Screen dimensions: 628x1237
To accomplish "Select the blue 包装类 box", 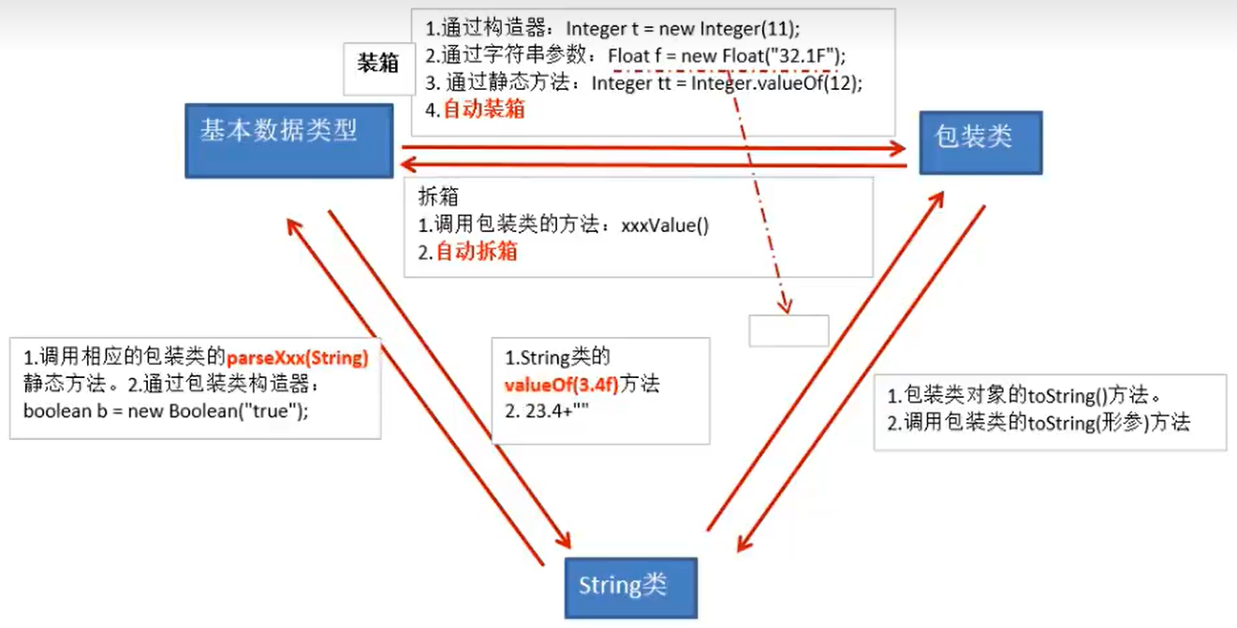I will [980, 141].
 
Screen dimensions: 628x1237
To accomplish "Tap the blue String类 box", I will [630, 587].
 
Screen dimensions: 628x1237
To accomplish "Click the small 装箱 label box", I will [378, 65].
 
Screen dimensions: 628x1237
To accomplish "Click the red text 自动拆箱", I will [477, 252].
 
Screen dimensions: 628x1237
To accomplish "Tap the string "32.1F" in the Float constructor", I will [803, 56].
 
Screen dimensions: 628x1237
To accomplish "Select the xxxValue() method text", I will [665, 226].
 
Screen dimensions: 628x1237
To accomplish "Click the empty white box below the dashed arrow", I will [788, 330].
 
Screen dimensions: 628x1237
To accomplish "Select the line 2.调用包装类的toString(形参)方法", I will [1038, 422].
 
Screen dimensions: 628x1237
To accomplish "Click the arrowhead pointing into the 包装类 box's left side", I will [899, 148].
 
